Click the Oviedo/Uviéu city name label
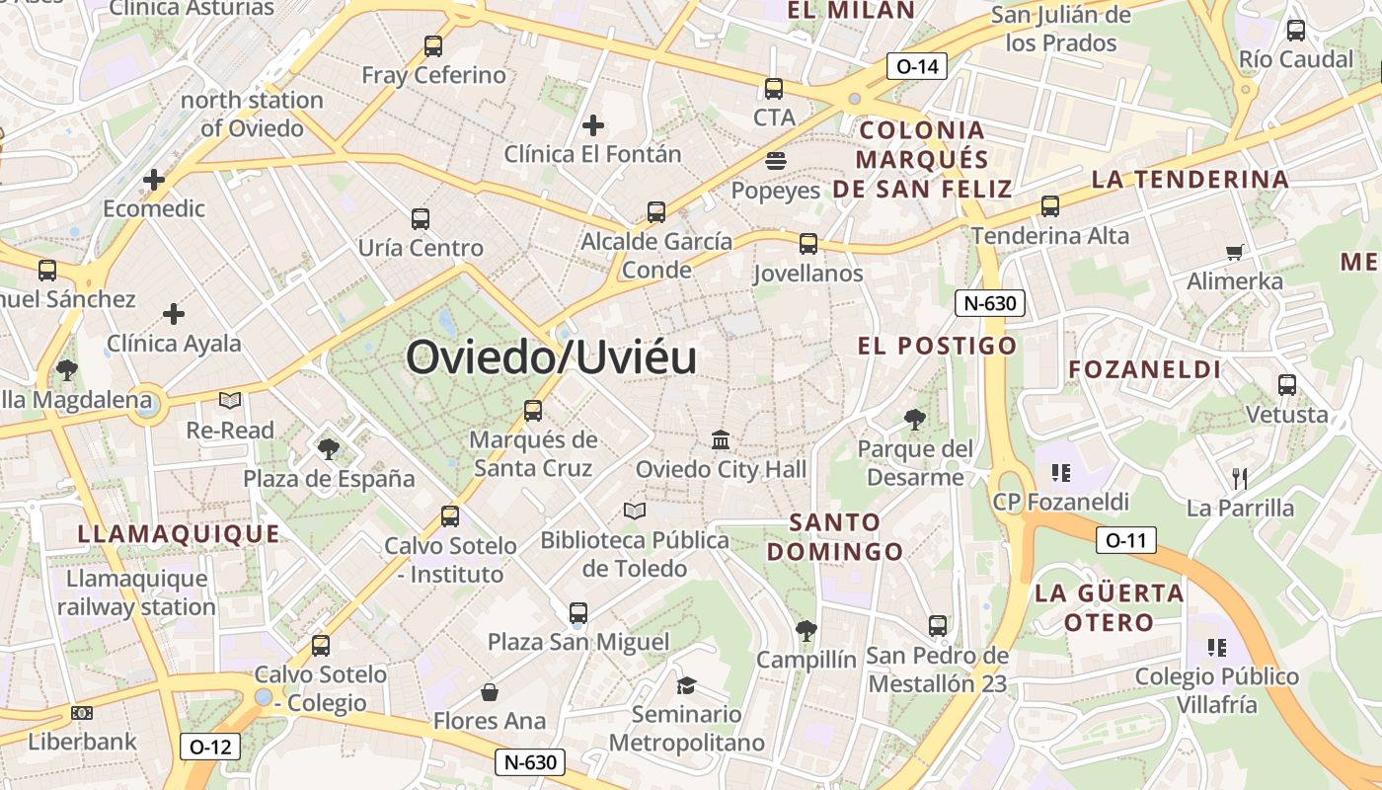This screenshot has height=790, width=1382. [551, 357]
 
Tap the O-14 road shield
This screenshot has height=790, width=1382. [917, 67]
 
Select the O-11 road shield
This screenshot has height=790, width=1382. [1125, 540]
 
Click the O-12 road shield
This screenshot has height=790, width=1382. [210, 747]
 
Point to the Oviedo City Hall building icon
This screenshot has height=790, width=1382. [721, 439]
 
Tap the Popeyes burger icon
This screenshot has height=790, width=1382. [775, 161]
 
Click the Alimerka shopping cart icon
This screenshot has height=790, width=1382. [1234, 252]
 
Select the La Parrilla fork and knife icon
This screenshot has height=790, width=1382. [1240, 479]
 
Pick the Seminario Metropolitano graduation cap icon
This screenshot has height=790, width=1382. [686, 684]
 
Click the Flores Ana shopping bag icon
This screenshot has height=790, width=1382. [489, 692]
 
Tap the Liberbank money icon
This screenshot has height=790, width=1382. [82, 713]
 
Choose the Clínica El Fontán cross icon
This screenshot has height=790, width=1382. [592, 125]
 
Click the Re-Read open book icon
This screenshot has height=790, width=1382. [230, 401]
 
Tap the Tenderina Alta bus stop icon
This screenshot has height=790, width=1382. [1050, 206]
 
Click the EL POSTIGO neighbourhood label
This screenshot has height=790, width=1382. [937, 346]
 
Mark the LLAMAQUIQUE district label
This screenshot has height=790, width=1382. [179, 534]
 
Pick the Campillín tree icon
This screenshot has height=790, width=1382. [806, 630]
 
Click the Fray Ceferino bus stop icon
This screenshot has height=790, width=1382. [433, 45]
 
